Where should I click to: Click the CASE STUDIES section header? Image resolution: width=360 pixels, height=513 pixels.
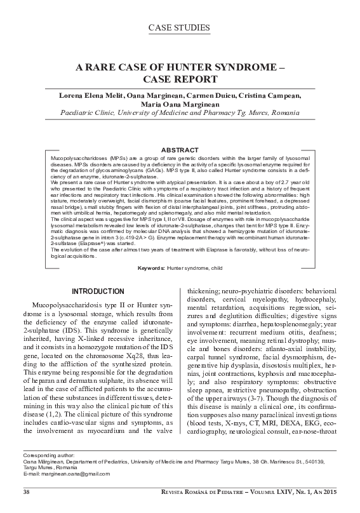tap(180, 27)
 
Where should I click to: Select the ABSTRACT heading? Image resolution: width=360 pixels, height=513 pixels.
tap(180, 149)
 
